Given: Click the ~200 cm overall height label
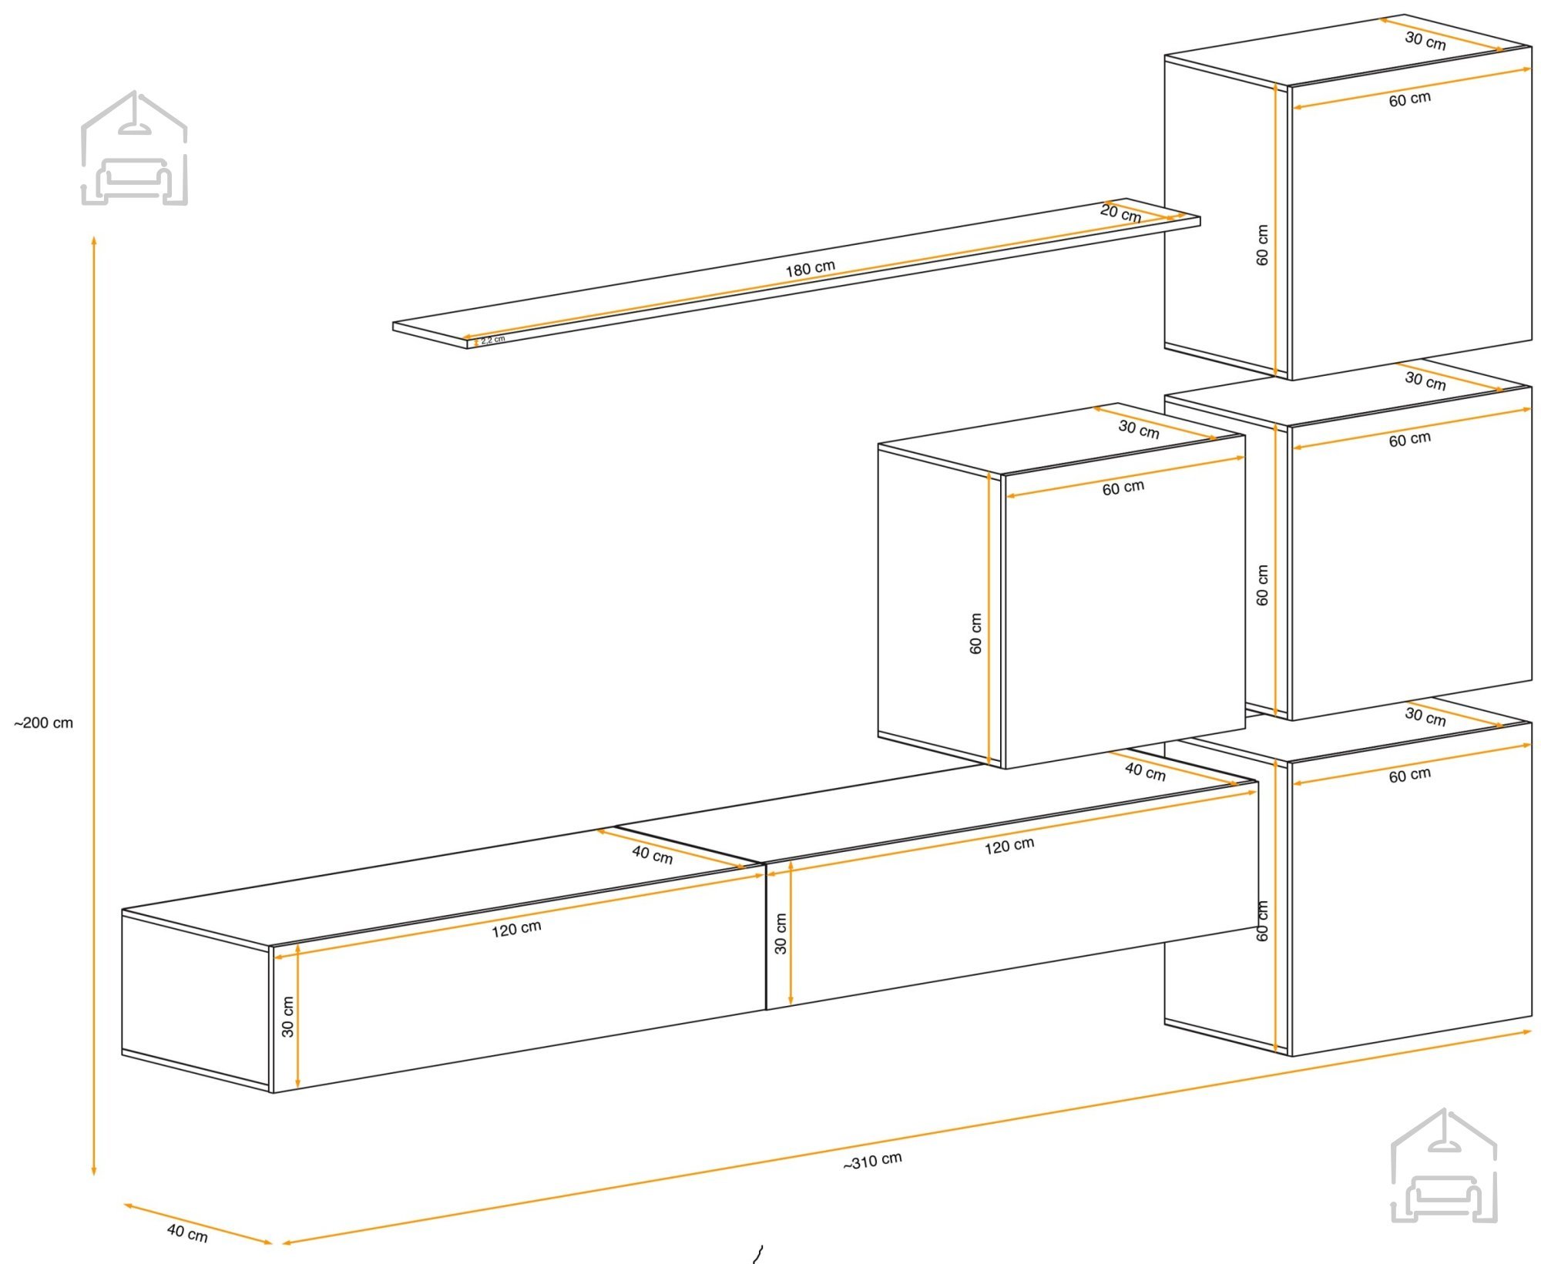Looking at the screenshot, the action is (x=44, y=723).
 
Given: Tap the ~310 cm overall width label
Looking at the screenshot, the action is (x=872, y=1161).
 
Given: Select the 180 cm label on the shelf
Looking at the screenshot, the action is (x=810, y=268).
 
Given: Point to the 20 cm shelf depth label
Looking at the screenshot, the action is (x=1120, y=213).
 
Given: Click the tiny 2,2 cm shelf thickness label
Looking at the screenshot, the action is (x=493, y=340).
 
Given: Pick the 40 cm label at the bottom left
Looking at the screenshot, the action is (x=187, y=1233).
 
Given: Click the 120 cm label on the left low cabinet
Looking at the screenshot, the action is (x=516, y=928).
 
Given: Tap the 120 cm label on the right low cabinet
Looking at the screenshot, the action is (x=1009, y=845).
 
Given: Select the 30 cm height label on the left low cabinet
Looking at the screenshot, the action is (x=287, y=1017).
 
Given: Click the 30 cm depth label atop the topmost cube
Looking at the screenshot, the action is (x=1425, y=40).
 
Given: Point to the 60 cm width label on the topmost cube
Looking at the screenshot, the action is (x=1410, y=99).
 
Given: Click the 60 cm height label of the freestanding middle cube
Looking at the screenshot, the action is (x=976, y=633).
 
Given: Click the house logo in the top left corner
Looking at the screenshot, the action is (x=134, y=148).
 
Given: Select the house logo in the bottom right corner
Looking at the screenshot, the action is (x=1444, y=1165).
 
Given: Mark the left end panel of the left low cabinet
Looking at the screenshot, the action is (x=196, y=1001).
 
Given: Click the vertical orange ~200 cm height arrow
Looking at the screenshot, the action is (x=94, y=706).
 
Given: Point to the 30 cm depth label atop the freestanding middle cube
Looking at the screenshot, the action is (x=1139, y=428).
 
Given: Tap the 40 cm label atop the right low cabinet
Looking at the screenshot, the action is (x=1145, y=770).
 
